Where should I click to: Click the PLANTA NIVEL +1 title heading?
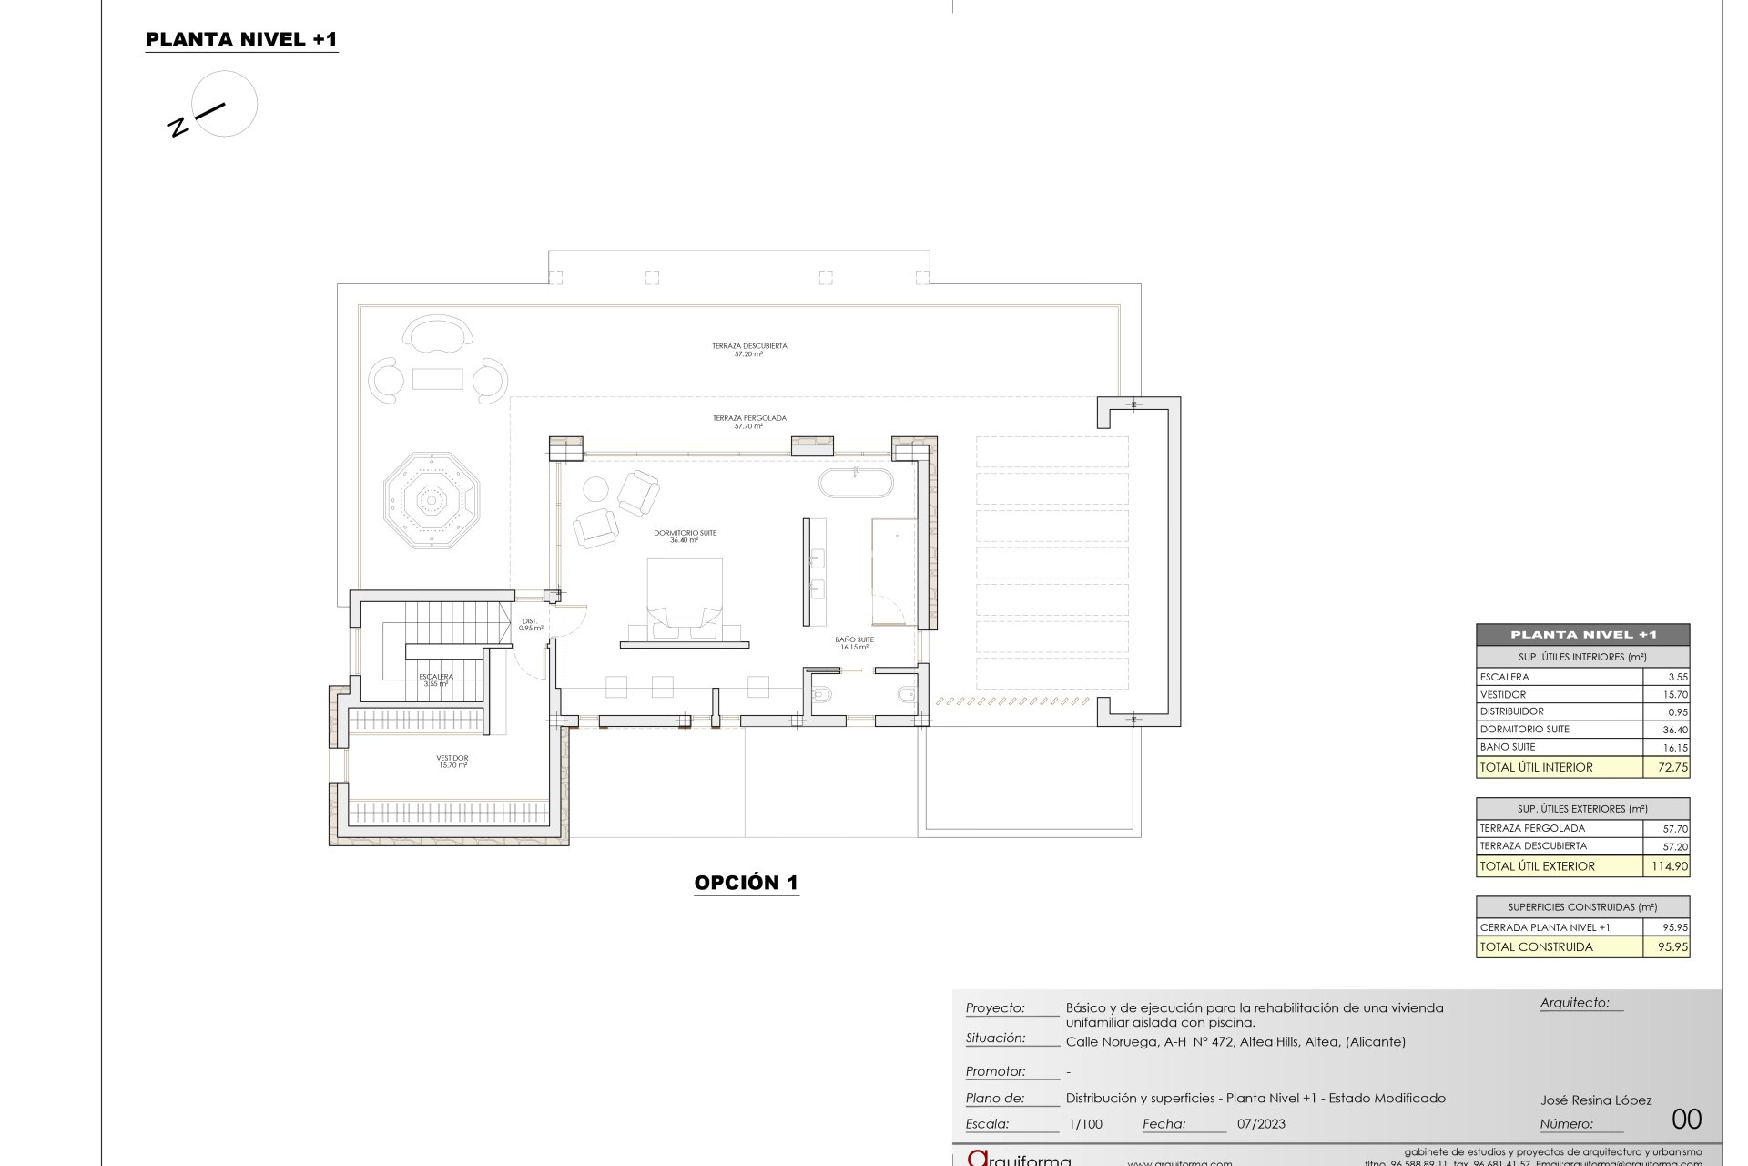tap(241, 39)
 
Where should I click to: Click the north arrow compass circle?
tap(225, 104)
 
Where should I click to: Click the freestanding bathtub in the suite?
tap(856, 483)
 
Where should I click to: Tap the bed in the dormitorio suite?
tap(685, 592)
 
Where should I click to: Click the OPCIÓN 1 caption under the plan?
tap(746, 882)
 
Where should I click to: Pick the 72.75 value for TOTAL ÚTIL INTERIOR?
tap(1672, 767)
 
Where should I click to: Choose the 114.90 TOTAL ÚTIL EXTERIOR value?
tap(1670, 866)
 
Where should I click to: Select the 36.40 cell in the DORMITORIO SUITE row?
tap(1675, 730)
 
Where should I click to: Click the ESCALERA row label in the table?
tap(1505, 677)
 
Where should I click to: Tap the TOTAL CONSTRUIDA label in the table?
tap(1537, 946)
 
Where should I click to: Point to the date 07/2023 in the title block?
tap(1261, 1124)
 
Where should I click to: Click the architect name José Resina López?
tap(1596, 1100)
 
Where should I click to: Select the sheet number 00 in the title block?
tap(1687, 1119)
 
